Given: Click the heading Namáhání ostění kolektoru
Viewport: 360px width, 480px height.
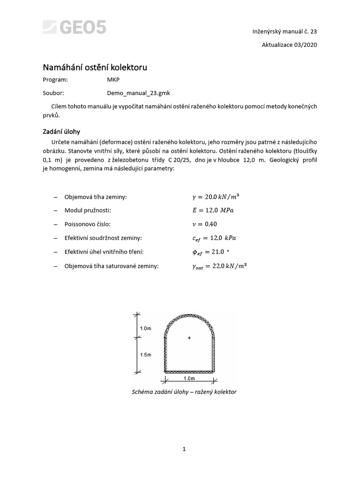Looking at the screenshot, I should (95, 67).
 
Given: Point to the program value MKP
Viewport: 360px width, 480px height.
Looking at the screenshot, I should (113, 80).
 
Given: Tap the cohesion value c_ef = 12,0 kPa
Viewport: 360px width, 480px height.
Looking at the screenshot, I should (210, 238).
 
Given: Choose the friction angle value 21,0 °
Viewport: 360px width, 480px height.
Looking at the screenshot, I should (209, 252).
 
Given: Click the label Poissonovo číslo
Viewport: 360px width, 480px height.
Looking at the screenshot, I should (87, 225).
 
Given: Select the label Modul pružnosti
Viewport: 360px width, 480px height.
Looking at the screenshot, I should (88, 211).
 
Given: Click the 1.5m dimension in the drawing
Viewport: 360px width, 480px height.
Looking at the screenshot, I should (146, 355).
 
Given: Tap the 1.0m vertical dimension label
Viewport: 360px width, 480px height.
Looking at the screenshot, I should (146, 328).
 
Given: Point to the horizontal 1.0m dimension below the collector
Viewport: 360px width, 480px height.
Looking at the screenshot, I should (189, 378).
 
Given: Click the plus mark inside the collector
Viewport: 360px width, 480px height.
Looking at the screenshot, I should (189, 338).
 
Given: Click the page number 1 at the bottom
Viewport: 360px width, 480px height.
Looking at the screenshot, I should (184, 449).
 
